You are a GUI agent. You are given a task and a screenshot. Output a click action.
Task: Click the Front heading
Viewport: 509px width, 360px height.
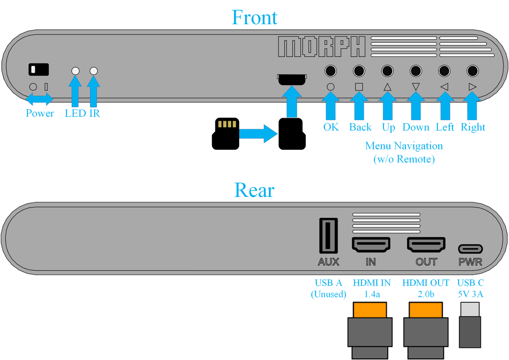click(x=255, y=17)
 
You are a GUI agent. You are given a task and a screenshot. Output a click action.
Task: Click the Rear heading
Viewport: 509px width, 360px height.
click(x=254, y=191)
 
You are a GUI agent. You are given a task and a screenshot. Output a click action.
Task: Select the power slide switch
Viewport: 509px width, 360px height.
click(x=39, y=69)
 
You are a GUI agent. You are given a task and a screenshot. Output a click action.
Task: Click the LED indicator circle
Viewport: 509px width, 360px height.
click(x=76, y=71)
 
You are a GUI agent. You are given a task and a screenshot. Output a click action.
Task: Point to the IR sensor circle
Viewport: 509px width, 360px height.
click(x=94, y=71)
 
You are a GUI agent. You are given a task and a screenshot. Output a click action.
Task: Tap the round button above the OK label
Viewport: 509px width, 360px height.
click(x=330, y=70)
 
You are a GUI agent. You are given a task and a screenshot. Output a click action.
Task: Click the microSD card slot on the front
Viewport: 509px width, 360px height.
click(x=292, y=79)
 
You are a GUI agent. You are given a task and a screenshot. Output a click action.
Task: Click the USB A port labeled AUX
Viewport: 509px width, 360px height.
click(x=328, y=236)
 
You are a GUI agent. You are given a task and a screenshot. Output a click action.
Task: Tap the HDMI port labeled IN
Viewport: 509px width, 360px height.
click(x=371, y=245)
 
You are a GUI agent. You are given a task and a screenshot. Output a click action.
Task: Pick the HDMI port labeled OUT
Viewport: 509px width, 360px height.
click(x=426, y=245)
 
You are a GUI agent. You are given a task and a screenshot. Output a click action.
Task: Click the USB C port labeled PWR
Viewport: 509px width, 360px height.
click(x=470, y=249)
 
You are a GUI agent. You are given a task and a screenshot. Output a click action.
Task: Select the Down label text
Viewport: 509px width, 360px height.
click(x=416, y=127)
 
